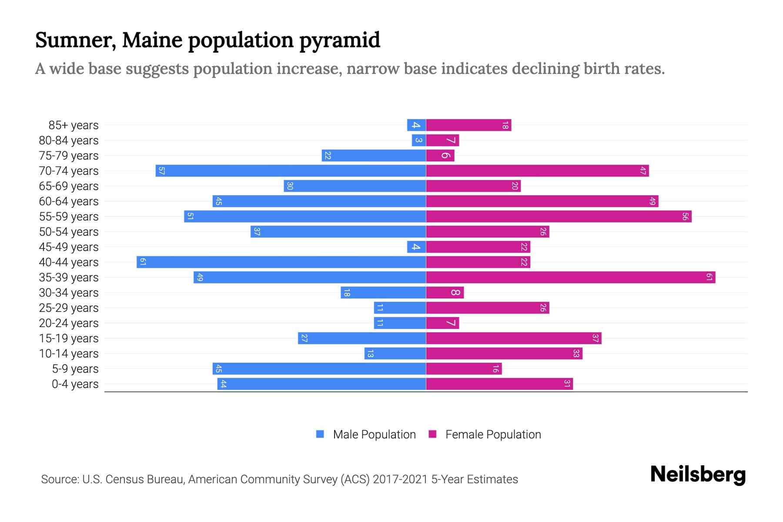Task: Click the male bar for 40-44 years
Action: [281, 262]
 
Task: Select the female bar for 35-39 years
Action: [570, 277]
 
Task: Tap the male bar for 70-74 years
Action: [291, 171]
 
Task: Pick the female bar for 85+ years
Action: [468, 125]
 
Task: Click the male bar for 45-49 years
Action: [416, 247]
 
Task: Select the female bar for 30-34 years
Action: [445, 292]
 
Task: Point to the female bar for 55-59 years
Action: [559, 216]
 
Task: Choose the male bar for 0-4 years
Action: [321, 384]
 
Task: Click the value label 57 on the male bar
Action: [161, 171]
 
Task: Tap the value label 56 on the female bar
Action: [685, 216]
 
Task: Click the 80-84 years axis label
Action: [69, 141]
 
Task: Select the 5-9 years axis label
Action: [75, 369]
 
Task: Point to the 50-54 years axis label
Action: [69, 232]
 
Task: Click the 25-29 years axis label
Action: [69, 308]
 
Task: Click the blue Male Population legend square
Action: [320, 434]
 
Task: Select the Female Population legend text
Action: [493, 434]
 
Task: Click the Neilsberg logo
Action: [698, 475]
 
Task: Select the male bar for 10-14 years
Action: [395, 353]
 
